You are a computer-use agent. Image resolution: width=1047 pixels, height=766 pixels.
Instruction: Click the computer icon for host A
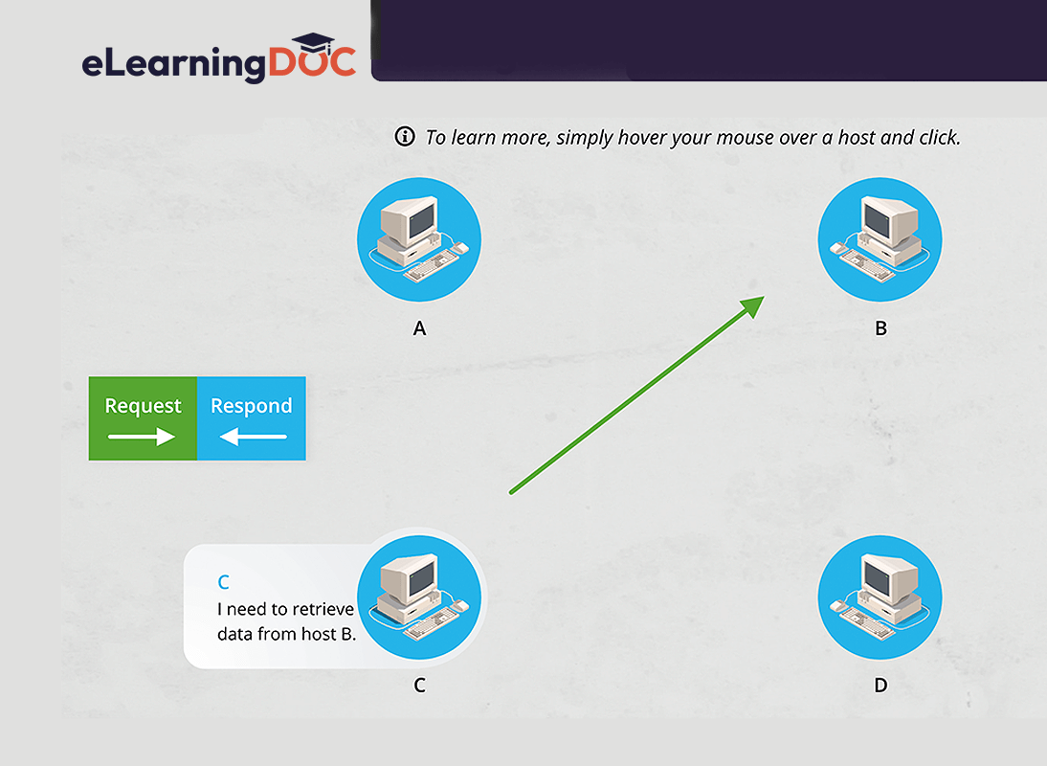(419, 239)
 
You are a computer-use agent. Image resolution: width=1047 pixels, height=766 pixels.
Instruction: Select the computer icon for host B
(880, 239)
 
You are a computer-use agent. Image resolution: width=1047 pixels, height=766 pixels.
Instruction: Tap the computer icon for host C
(419, 597)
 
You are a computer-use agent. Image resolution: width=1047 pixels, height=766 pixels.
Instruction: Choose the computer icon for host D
(880, 597)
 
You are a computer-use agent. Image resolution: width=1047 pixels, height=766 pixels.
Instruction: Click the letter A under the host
(419, 328)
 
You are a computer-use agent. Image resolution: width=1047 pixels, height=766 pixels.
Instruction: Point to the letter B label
(880, 328)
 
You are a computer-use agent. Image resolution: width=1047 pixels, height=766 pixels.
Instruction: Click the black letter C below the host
(419, 686)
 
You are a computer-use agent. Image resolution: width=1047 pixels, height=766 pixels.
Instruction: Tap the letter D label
(880, 686)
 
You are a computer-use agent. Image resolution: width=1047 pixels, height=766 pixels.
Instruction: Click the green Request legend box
(143, 418)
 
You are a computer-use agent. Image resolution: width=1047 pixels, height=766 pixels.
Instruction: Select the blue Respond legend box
(252, 418)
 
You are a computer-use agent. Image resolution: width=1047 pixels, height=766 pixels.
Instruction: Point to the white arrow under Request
(142, 437)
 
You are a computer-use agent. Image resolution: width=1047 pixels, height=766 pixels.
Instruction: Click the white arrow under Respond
(253, 437)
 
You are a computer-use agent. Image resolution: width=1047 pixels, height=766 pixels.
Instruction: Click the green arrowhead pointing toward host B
(752, 305)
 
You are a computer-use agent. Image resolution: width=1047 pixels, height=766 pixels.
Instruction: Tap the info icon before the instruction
(405, 136)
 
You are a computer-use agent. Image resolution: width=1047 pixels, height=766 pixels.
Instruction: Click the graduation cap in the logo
(313, 43)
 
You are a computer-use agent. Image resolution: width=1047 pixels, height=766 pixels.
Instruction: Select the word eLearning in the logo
(173, 64)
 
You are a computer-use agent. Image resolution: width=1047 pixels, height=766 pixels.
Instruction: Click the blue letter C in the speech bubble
(224, 582)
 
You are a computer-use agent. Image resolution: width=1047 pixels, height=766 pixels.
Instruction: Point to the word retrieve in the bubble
(323, 609)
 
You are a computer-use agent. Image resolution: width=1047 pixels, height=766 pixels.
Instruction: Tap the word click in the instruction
(939, 137)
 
